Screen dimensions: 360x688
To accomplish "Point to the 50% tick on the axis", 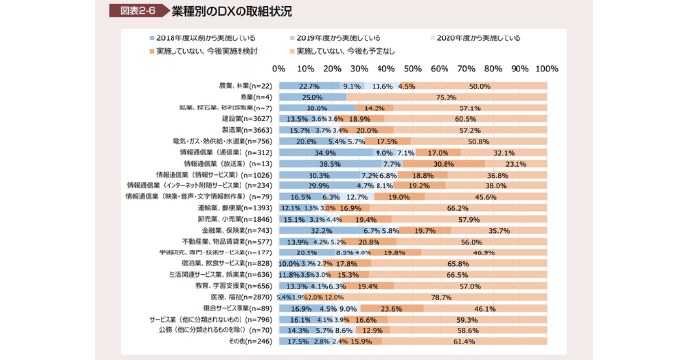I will pos(413,70).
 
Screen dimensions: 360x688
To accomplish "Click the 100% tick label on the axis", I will pos(546,70).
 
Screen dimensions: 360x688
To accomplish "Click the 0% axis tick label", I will pos(278,70).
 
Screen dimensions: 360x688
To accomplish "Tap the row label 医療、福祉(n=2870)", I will pos(242,297).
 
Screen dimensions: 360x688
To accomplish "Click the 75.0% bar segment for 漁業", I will pos(447,98).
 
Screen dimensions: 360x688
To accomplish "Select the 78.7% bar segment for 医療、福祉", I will pos(442,297).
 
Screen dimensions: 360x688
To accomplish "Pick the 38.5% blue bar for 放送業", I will pos(329,164).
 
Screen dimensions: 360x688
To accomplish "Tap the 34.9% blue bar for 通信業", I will pos(324,153).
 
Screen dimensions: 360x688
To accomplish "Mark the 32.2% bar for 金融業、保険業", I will pos(321,230).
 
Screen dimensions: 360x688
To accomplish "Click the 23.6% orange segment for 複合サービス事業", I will pos(391,308).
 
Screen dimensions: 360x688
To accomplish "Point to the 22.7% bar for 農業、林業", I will pos(309,87).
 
